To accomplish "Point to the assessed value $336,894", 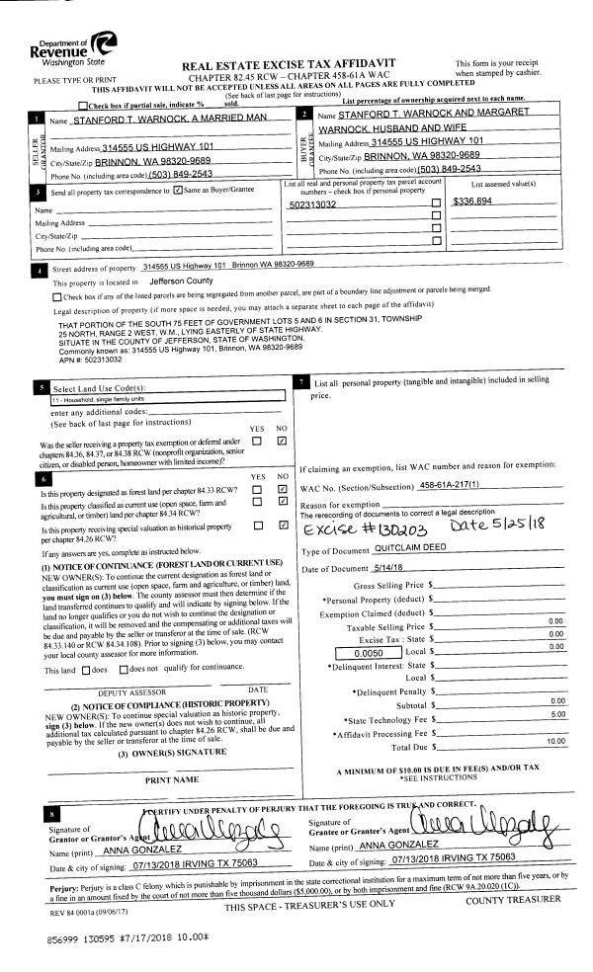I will [x=469, y=201].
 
